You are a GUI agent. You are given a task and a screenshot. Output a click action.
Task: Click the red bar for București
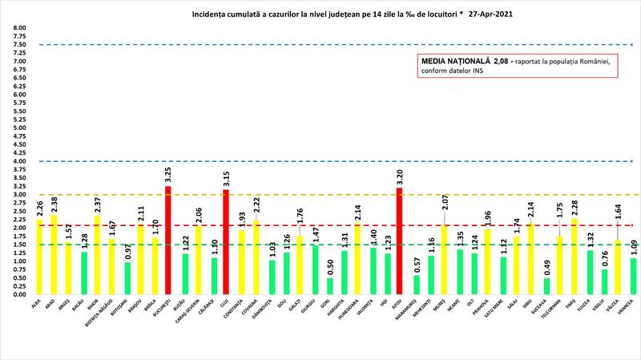(167, 241)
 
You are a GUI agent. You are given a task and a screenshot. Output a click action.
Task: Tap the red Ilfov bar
(399, 241)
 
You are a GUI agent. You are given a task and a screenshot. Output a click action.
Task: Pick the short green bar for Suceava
(546, 286)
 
